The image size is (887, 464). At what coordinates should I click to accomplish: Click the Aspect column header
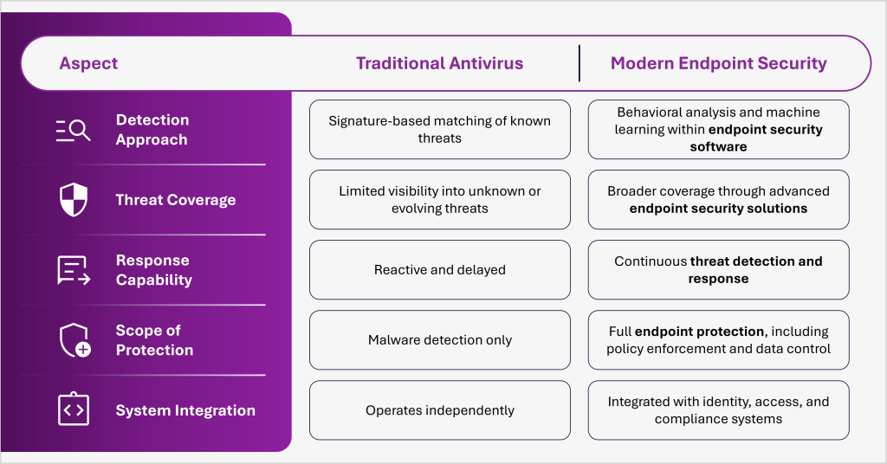click(x=88, y=63)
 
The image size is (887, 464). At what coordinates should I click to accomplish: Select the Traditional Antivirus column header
click(x=439, y=63)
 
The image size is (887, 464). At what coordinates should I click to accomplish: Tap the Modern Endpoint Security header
click(x=718, y=63)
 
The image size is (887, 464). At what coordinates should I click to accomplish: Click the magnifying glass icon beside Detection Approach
click(x=74, y=130)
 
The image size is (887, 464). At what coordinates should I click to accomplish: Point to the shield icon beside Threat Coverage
click(x=74, y=200)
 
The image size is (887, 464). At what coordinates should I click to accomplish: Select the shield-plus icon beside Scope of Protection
click(x=74, y=340)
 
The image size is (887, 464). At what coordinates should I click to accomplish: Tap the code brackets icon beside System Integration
click(x=74, y=410)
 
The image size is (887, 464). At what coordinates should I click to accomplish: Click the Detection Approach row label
click(x=152, y=130)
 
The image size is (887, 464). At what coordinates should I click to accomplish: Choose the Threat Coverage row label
click(x=176, y=200)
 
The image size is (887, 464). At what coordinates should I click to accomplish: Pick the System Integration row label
click(x=185, y=410)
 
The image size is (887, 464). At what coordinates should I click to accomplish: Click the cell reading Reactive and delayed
click(x=439, y=270)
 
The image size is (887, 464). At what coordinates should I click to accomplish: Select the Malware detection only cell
click(x=439, y=340)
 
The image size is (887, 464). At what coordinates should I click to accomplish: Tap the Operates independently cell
click(x=439, y=410)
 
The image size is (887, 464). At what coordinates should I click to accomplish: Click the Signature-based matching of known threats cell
click(x=439, y=130)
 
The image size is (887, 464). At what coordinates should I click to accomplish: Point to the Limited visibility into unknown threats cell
click(x=439, y=200)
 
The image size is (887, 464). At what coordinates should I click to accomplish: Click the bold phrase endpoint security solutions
click(x=718, y=209)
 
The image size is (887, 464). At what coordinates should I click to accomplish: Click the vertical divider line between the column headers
click(x=579, y=63)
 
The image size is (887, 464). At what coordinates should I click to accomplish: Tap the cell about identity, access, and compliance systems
click(x=718, y=410)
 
